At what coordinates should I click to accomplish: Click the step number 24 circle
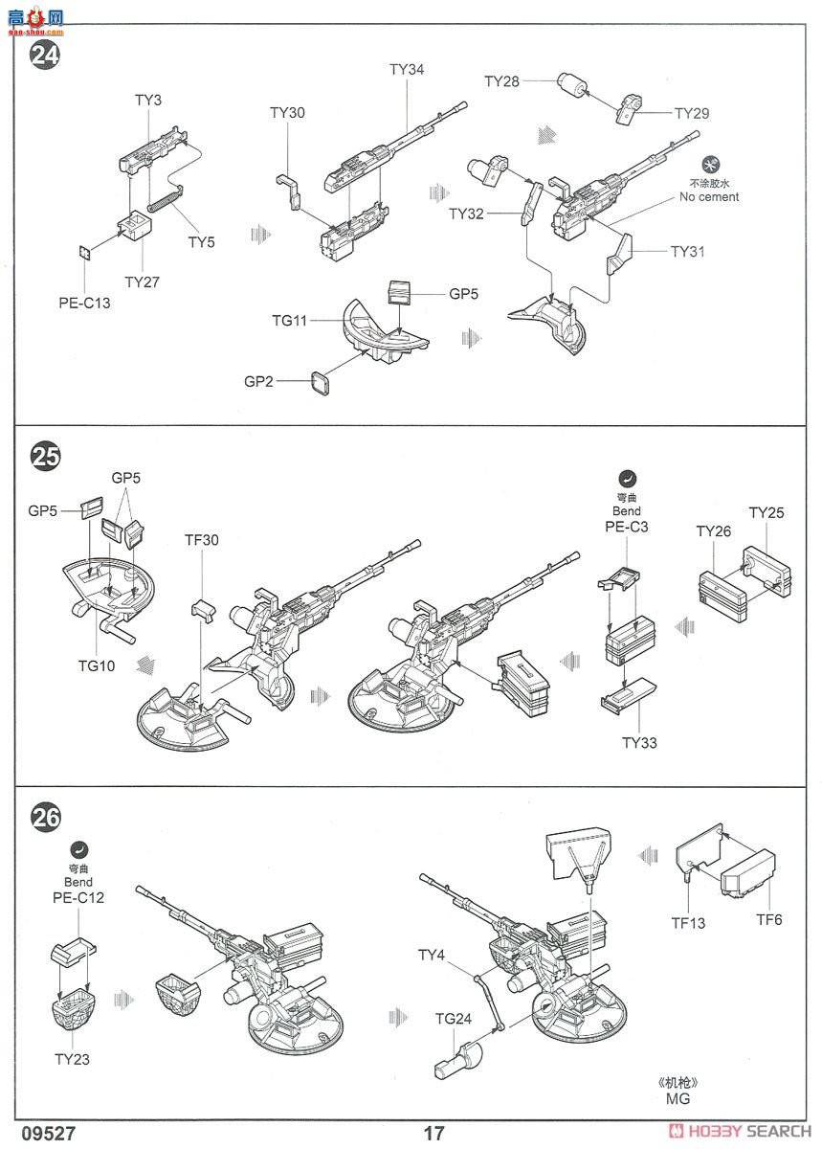[45, 55]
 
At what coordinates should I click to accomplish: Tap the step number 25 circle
[45, 455]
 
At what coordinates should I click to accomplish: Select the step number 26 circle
[45, 817]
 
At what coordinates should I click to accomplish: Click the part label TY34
[407, 69]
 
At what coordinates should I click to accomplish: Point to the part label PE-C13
[84, 303]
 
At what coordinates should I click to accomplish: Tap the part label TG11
[290, 321]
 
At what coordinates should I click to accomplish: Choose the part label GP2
[258, 382]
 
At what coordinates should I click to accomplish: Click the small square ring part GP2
[321, 384]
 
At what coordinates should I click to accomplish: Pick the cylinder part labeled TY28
[571, 85]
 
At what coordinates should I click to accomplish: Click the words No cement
[709, 197]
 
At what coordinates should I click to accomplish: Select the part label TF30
[202, 540]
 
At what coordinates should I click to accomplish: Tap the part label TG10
[97, 665]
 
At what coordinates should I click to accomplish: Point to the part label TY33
[639, 743]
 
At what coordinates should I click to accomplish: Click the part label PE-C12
[78, 898]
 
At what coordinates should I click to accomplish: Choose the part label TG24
[454, 1019]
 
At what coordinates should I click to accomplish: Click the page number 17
[433, 1133]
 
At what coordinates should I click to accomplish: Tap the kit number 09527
[50, 1133]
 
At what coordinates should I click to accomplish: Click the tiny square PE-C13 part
[85, 253]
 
